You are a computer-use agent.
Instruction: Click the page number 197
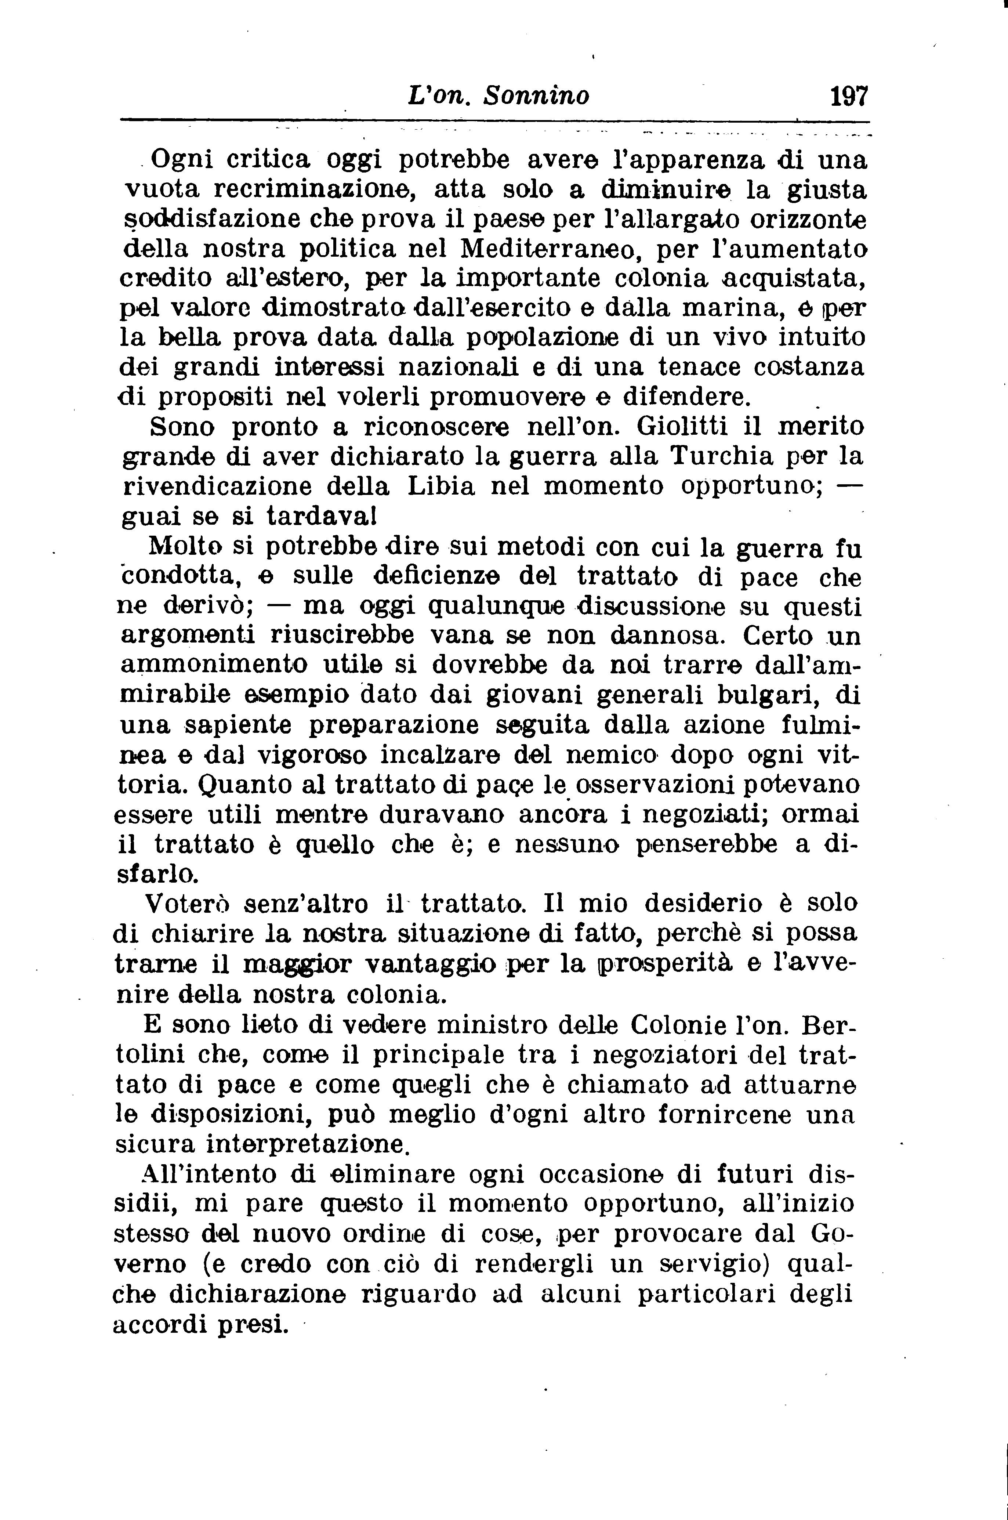tap(849, 97)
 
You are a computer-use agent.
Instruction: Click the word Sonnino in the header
tap(536, 97)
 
